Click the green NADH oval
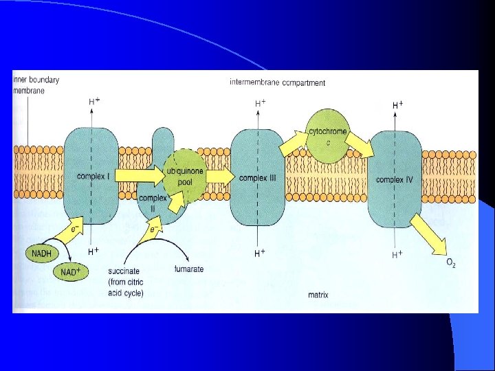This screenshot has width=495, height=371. (x=41, y=254)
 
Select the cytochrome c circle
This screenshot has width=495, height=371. (x=329, y=136)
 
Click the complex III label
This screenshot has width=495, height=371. (x=258, y=178)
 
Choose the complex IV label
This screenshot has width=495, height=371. (x=395, y=180)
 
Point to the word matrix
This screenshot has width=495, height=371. (x=318, y=296)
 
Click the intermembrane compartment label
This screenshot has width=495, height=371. (x=277, y=83)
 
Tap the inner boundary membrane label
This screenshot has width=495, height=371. (x=36, y=85)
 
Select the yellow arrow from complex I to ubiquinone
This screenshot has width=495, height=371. (x=141, y=177)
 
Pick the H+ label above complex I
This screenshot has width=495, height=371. (x=94, y=101)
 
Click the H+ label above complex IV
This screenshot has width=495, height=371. (x=397, y=105)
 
